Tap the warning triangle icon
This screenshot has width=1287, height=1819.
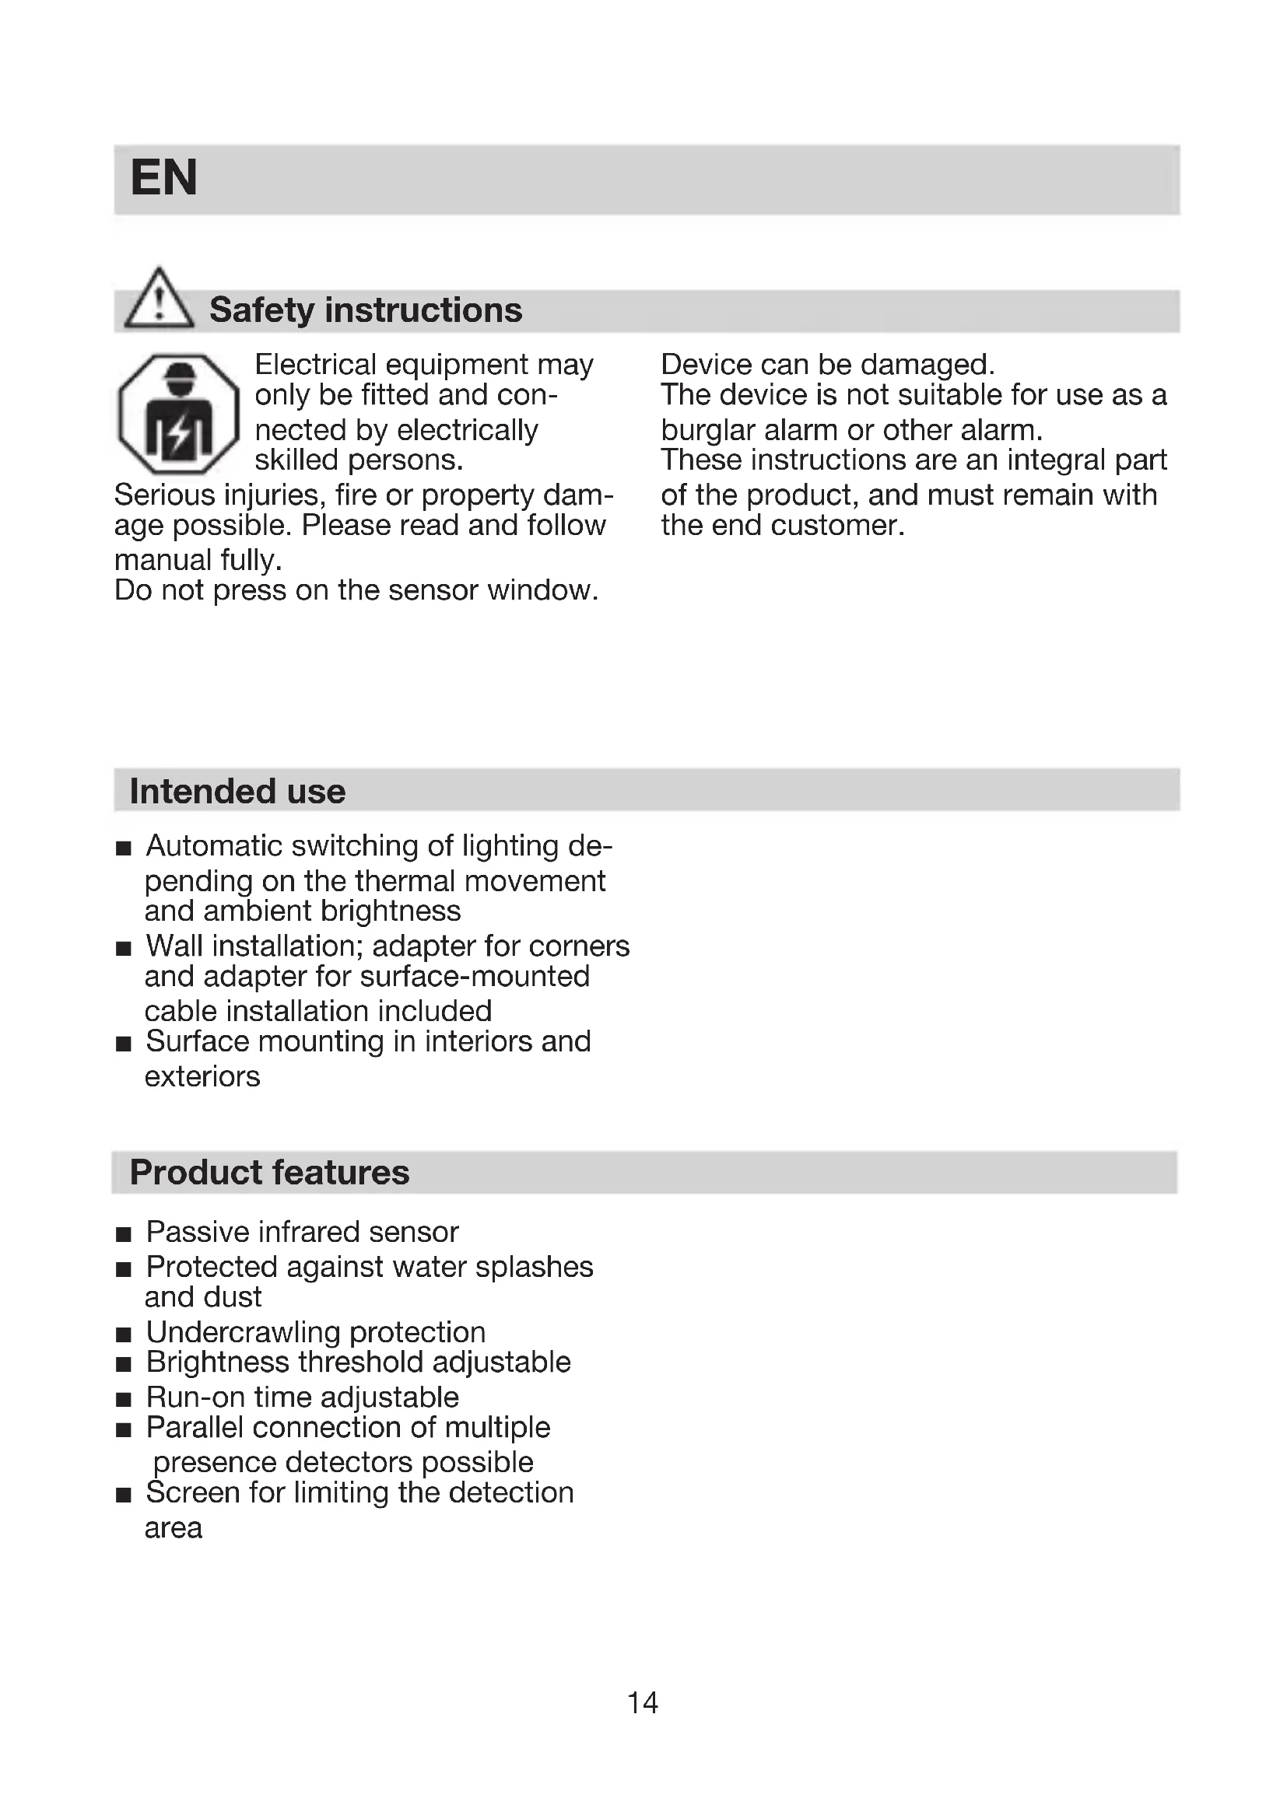(x=160, y=299)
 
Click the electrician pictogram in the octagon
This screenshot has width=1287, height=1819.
(x=178, y=414)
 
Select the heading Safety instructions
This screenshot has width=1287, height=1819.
(x=366, y=310)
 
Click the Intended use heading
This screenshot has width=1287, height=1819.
(x=237, y=792)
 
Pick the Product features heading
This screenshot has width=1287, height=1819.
(x=269, y=1173)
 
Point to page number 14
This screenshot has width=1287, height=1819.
(x=642, y=1702)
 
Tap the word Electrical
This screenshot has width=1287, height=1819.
(x=315, y=365)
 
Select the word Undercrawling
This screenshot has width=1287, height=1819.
(x=244, y=1333)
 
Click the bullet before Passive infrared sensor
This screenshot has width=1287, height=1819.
(x=123, y=1234)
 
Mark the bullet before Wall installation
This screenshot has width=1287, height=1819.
(x=123, y=948)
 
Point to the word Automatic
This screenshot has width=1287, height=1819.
(x=214, y=846)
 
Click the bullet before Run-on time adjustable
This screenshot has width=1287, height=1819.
(x=123, y=1400)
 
